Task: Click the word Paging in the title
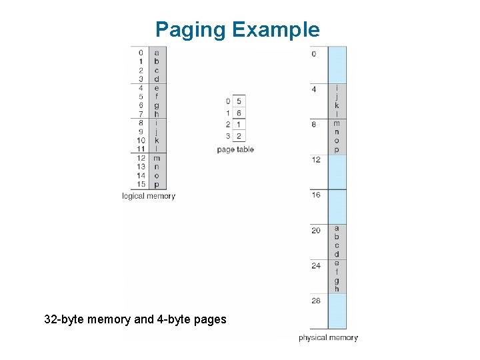click(x=191, y=30)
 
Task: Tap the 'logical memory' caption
click(x=149, y=196)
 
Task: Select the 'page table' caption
click(x=235, y=149)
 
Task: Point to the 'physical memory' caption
click(x=328, y=338)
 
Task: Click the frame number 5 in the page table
click(x=239, y=101)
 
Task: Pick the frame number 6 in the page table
click(x=239, y=113)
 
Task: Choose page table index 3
click(x=228, y=137)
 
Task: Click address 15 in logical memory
click(x=141, y=185)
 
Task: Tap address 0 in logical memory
click(x=141, y=53)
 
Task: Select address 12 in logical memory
click(x=141, y=158)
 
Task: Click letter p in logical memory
click(x=157, y=185)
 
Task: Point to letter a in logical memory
click(x=157, y=53)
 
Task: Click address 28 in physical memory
click(x=316, y=301)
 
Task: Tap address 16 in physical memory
click(x=316, y=195)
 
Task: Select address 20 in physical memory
click(x=316, y=230)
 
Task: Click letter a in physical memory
click(x=337, y=228)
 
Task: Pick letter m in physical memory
click(x=337, y=123)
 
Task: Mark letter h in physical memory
click(x=337, y=289)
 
